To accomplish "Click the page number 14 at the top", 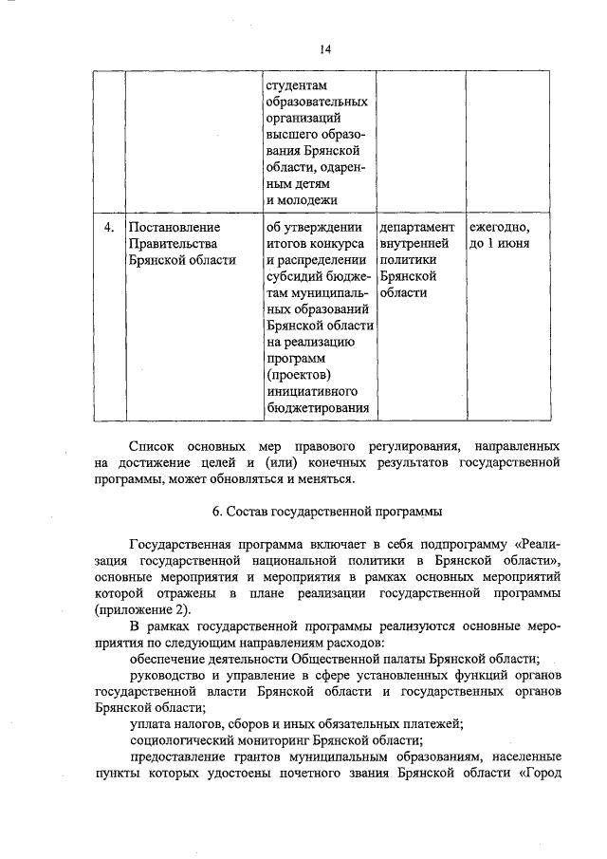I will coord(325,49).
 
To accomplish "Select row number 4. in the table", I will coord(109,228).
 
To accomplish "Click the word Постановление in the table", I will coord(174,228).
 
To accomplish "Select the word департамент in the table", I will coord(417,228).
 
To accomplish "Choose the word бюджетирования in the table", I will coord(318,408).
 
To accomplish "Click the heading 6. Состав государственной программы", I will coord(327,512).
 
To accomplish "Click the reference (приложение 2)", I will coord(142,609).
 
